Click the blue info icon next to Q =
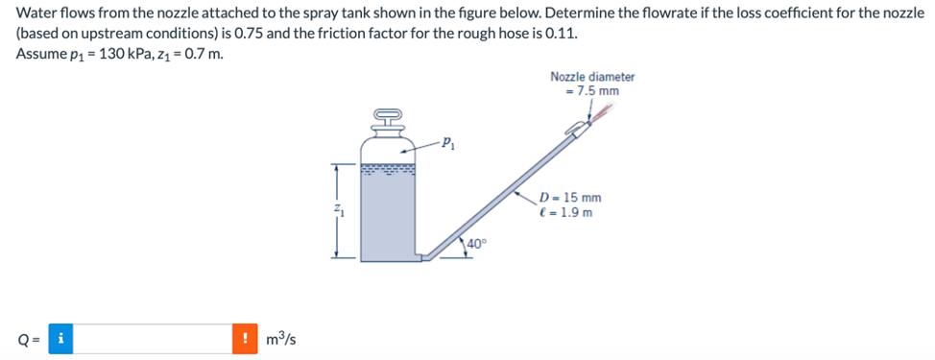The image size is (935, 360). pos(60,338)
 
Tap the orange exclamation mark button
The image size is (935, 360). pos(245,338)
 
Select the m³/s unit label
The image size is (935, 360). pos(279,338)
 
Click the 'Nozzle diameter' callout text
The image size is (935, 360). pos(592,77)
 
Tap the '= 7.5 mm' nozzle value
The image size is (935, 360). pos(592,91)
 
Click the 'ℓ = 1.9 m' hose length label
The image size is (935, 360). pos(567,212)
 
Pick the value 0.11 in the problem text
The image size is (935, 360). pos(561,32)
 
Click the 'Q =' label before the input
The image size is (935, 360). pos(27,338)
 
